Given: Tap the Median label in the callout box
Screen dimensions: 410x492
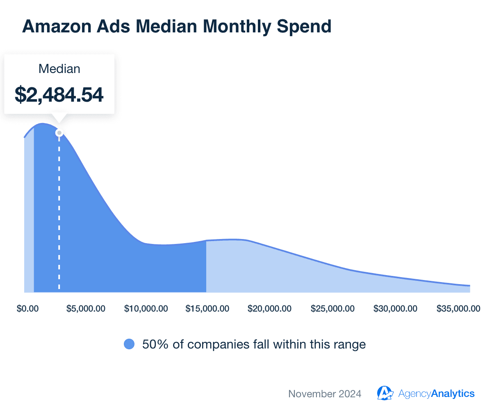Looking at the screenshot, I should tap(59, 69).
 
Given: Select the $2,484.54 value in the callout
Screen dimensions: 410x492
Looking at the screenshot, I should tap(59, 94).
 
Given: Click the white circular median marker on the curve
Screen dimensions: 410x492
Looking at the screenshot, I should tap(59, 133).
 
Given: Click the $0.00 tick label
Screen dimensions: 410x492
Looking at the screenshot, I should tap(28, 309).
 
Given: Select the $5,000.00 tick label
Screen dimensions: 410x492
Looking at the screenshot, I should tap(86, 309).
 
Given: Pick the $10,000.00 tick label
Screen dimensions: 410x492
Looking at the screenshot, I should tap(146, 309).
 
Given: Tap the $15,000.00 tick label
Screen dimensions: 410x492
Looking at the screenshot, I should tap(207, 309).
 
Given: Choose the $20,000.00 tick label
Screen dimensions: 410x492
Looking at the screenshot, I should tap(269, 309).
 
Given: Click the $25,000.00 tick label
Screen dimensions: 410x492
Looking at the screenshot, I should tap(333, 309).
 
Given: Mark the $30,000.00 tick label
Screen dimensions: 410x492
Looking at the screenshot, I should tap(395, 309).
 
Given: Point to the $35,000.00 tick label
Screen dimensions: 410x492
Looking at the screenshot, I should tap(458, 309).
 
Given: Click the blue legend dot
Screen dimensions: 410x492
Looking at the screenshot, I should tap(129, 344).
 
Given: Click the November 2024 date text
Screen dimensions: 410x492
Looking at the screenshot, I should tap(325, 394).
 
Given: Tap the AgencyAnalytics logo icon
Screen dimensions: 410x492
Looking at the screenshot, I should tap(385, 393).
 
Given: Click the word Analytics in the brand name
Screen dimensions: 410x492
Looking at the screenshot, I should tap(453, 394).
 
